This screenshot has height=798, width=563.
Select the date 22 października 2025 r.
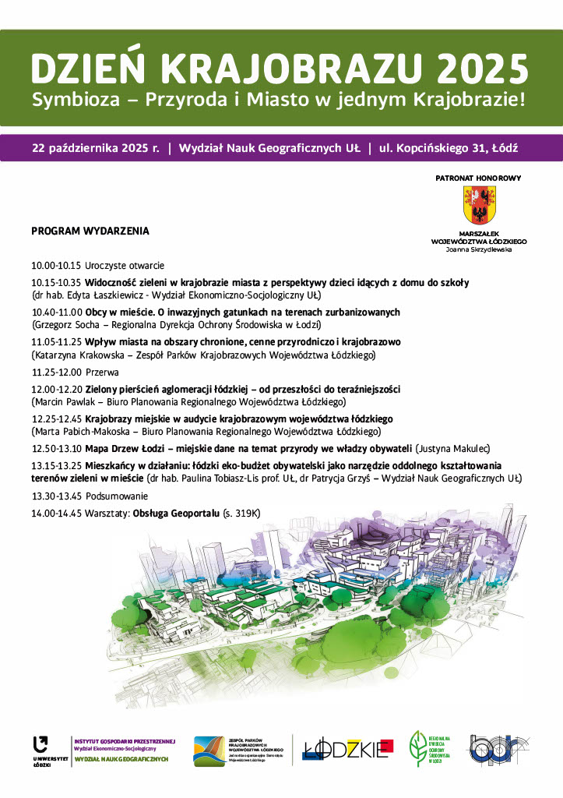[96, 147]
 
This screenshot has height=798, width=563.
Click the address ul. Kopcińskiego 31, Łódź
[449, 147]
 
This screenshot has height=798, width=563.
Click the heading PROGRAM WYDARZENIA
[90, 231]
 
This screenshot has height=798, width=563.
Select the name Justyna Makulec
[448, 448]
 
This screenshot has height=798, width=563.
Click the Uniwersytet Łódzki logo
[40, 749]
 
